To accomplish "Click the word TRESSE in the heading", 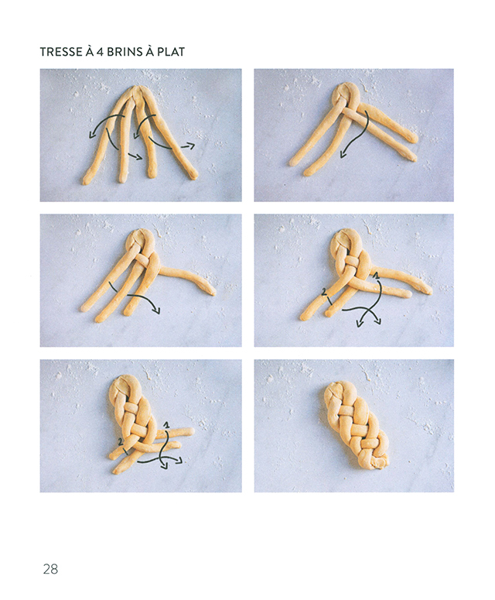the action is pos(62,52).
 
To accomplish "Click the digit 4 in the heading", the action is pos(99,52).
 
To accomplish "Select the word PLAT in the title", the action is pos(171,52).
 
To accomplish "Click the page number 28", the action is pos(50,569).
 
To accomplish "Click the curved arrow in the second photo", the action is pos(356,137).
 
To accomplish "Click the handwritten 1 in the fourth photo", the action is pos(376,275).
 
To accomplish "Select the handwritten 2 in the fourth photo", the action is pos(325,293).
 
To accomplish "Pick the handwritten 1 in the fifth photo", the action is pos(166,424).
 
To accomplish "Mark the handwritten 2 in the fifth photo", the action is pos(121,442).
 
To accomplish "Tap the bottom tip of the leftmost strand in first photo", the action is pos(86,181).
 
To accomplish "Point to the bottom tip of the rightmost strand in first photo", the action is pos(194,176).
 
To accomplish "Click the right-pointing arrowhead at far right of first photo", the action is pos(191,146).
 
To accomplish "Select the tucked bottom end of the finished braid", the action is pos(378,464).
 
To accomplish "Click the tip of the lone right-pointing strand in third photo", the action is pos(212,292).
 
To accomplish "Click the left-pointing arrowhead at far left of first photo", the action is pos(92,134).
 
